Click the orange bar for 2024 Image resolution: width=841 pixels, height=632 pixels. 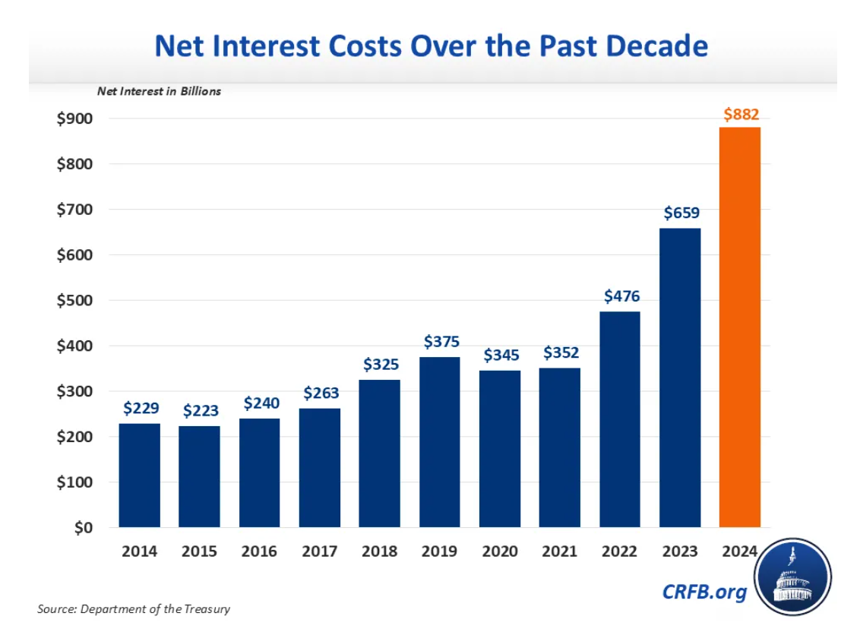tap(739, 327)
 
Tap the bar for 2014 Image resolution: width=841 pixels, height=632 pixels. tap(139, 475)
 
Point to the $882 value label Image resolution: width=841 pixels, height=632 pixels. tap(740, 115)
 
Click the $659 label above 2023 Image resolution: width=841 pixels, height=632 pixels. tap(681, 213)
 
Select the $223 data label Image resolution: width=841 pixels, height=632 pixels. tap(200, 411)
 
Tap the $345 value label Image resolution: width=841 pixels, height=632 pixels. tap(500, 355)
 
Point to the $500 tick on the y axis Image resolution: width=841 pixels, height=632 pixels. tap(74, 301)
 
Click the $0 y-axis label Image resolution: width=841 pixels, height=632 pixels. tap(83, 528)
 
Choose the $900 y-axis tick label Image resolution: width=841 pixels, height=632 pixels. tap(74, 119)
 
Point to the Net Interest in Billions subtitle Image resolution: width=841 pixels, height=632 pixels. tap(159, 91)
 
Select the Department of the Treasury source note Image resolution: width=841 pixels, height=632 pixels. tap(133, 609)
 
